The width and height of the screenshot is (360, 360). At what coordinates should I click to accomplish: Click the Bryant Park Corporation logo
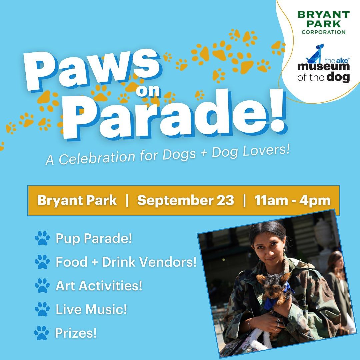click(323, 23)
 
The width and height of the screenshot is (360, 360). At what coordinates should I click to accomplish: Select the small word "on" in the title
click(148, 91)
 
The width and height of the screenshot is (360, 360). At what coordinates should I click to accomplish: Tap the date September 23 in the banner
click(186, 200)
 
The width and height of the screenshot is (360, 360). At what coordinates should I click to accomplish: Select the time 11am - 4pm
click(293, 200)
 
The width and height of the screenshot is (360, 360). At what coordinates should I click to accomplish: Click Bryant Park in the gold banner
click(77, 200)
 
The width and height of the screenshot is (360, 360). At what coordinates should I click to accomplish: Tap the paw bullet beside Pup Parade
click(42, 238)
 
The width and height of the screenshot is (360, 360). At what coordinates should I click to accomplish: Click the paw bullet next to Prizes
click(42, 333)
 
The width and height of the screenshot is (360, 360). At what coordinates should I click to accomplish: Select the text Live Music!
click(91, 309)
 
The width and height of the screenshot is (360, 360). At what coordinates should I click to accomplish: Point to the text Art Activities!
click(99, 285)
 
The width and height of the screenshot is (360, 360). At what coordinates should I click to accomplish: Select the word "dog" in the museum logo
click(338, 77)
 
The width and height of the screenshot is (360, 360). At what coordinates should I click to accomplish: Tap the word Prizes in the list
click(76, 333)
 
